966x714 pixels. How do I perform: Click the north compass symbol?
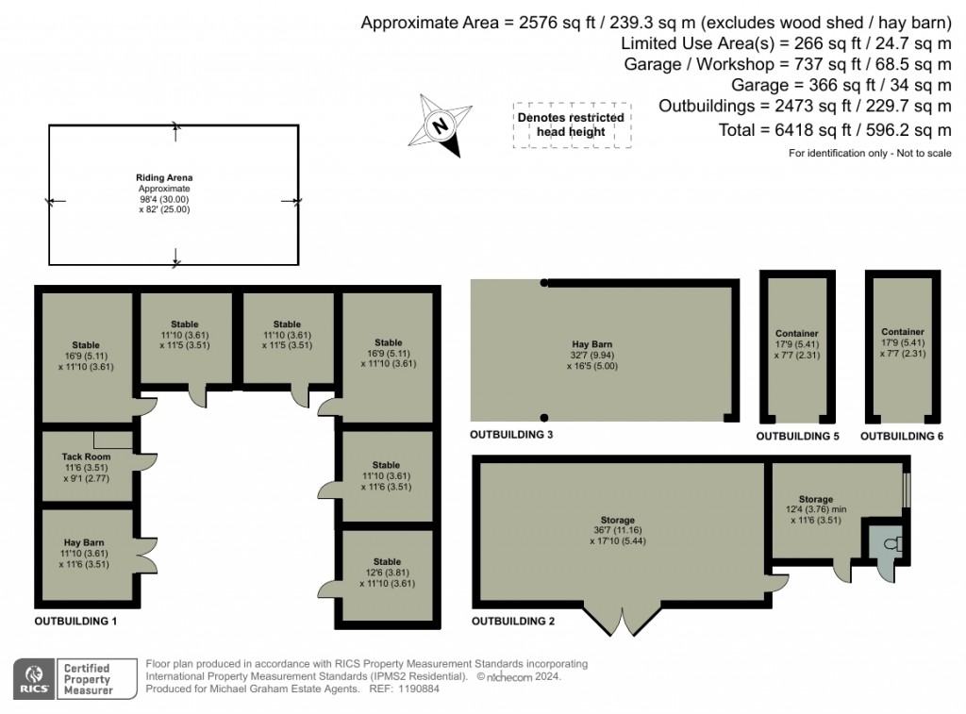[x=440, y=125]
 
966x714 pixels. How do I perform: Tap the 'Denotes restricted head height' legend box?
[x=571, y=125]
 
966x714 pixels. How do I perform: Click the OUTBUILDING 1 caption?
[x=75, y=622]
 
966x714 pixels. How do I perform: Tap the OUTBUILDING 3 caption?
[x=511, y=435]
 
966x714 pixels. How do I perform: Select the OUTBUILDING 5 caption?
[x=797, y=437]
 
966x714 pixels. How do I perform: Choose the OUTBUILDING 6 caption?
[x=901, y=437]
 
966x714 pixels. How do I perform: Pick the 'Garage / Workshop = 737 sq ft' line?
[x=788, y=64]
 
